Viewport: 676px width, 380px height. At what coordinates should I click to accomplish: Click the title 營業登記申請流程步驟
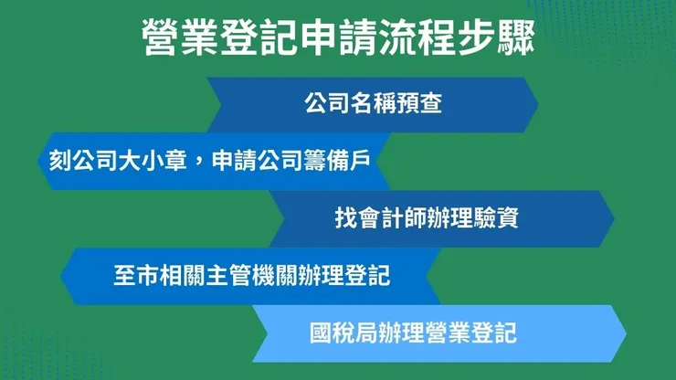coord(338,38)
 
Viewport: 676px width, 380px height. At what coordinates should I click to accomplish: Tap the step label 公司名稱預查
coord(373,103)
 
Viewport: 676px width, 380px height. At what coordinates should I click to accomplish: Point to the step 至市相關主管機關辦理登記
coord(252,274)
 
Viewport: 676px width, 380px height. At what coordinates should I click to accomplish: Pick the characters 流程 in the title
coord(418,38)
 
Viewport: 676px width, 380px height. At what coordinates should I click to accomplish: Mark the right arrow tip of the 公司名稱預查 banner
coord(536,104)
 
